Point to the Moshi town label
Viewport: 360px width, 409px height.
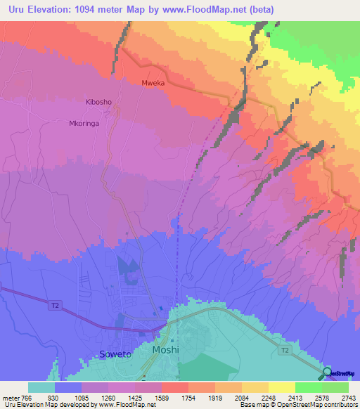click(x=167, y=349)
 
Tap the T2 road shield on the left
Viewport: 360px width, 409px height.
click(x=56, y=306)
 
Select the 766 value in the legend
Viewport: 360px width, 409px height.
click(x=27, y=398)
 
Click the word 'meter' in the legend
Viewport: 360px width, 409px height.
click(x=10, y=398)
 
